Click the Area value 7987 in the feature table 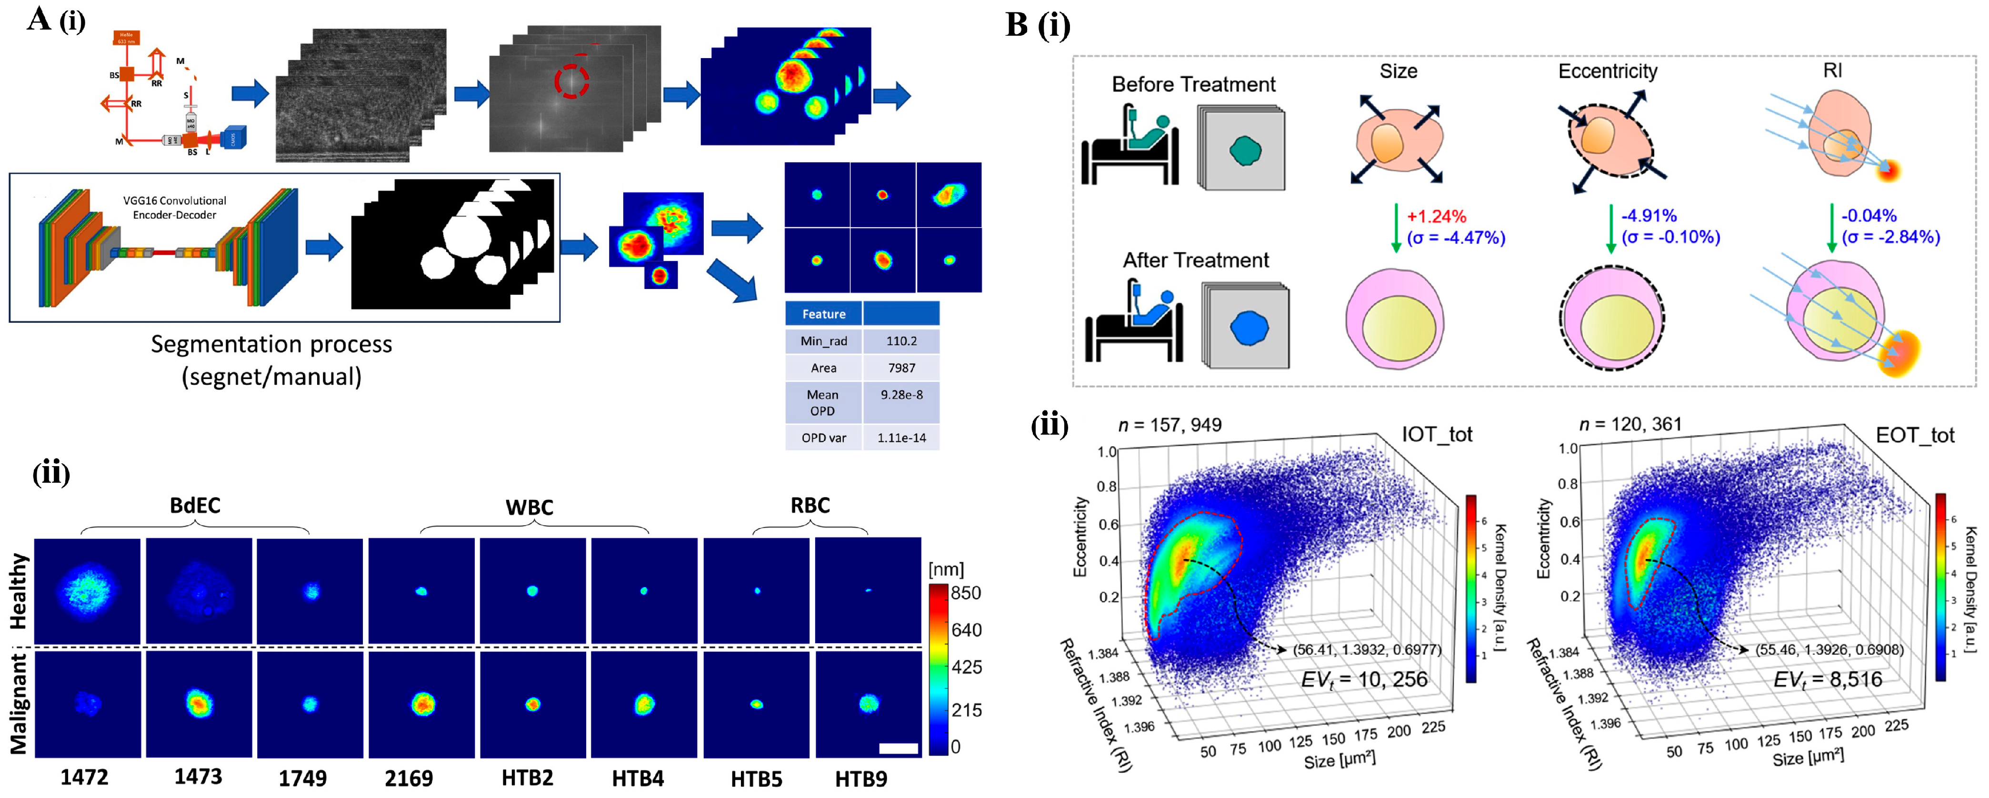click(x=901, y=368)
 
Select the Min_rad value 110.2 click(x=901, y=341)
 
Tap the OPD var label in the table click(x=823, y=438)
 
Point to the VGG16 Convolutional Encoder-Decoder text click(x=174, y=208)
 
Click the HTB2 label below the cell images click(x=527, y=778)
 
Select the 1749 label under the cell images click(x=303, y=778)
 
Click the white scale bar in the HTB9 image click(x=898, y=748)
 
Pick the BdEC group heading click(x=195, y=506)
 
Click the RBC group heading click(x=810, y=506)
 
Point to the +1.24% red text click(x=1436, y=217)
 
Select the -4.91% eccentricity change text click(x=1649, y=216)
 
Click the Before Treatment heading click(x=1193, y=84)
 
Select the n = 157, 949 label click(x=1170, y=424)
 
